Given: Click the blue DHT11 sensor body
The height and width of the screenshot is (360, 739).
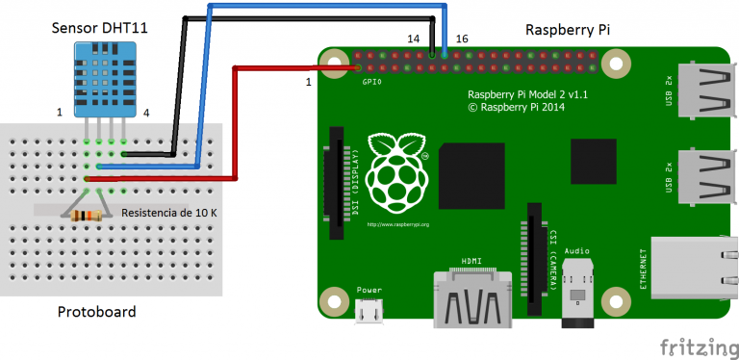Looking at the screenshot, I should coord(101,82).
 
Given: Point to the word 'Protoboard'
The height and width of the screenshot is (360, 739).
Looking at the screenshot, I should coord(96,312).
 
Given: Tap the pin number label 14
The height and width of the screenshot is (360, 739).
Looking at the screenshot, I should coord(414,39).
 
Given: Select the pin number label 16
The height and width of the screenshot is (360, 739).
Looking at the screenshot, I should coord(462,39).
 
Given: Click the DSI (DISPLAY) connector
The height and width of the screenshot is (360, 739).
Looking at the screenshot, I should coord(338,183).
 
